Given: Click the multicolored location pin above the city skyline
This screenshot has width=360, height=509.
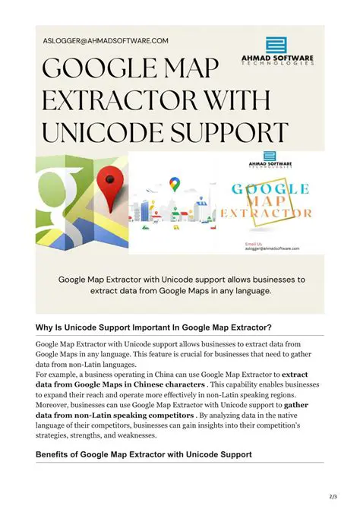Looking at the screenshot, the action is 175,185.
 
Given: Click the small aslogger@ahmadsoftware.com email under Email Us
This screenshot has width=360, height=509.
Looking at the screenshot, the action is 272,248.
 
